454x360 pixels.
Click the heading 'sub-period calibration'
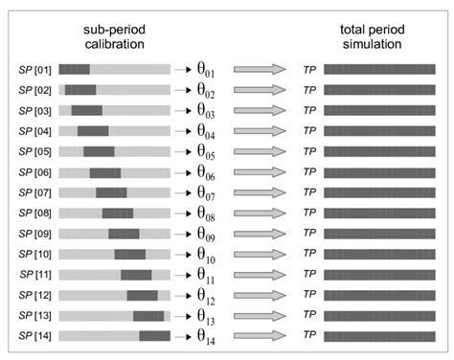click(114, 36)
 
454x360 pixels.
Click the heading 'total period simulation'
click(373, 36)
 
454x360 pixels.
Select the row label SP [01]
click(34, 70)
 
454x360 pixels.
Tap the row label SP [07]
click(34, 192)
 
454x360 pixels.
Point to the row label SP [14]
click(34, 336)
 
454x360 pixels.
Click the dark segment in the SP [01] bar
click(74, 69)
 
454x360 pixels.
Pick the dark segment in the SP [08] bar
click(118, 214)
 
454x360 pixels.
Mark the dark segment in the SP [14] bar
click(154, 336)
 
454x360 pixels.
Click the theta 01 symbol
click(206, 70)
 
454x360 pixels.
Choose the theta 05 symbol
click(206, 151)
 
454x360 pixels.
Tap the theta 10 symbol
click(206, 255)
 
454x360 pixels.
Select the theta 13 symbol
click(206, 316)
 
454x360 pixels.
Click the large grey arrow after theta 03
click(260, 110)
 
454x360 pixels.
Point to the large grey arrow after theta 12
click(260, 295)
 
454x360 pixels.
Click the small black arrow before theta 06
click(183, 172)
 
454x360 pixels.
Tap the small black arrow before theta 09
click(183, 235)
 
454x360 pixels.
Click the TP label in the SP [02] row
click(309, 90)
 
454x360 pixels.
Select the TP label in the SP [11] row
click(309, 274)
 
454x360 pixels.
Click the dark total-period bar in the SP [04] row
click(379, 131)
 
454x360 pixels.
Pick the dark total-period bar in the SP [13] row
click(379, 316)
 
